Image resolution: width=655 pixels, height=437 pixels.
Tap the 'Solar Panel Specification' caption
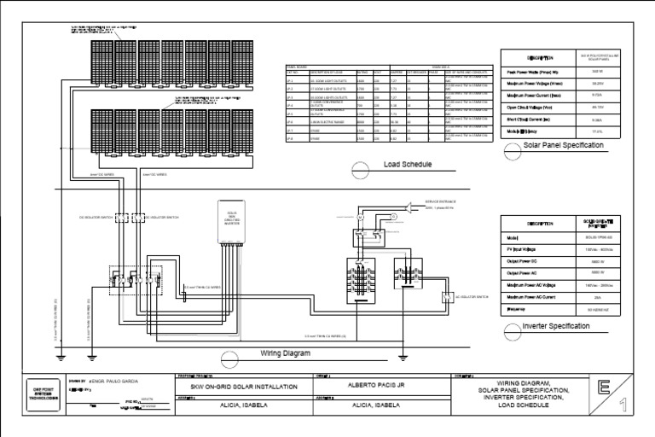tap(563, 146)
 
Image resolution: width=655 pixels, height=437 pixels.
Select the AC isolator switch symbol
tap(446, 297)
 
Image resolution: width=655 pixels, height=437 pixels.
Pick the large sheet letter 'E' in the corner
tap(603, 387)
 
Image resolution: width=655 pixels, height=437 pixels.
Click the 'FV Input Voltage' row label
tap(528, 247)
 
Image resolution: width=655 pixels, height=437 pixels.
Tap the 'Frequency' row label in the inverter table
tap(522, 306)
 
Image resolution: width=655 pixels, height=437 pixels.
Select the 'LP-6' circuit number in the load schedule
tap(289, 123)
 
